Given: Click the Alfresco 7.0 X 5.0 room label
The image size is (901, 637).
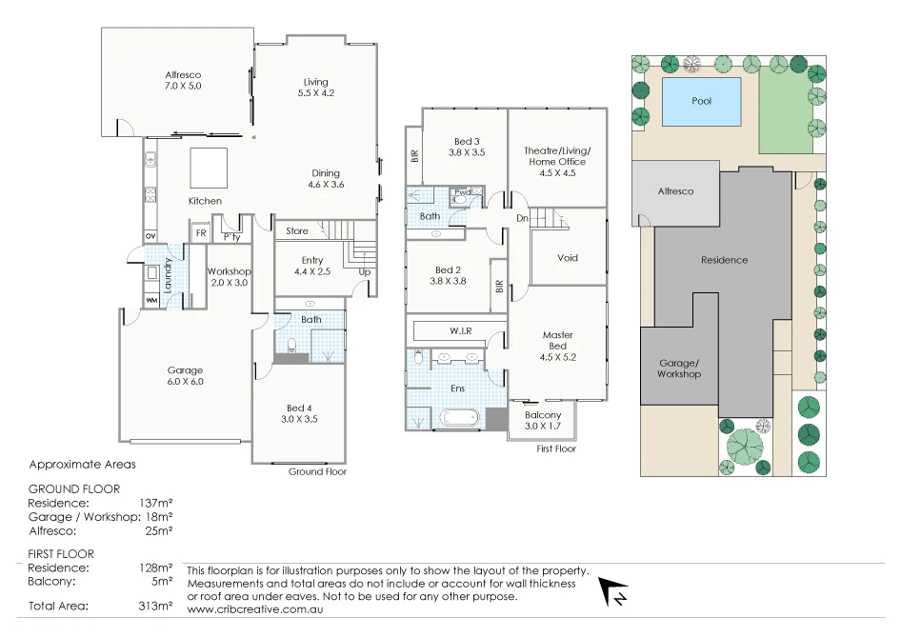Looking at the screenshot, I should click(x=183, y=80).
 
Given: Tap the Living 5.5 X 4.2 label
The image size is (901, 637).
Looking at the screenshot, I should click(x=316, y=87).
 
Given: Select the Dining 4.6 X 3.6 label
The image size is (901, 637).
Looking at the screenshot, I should click(x=325, y=179).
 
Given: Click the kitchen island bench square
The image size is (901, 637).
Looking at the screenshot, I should click(x=209, y=169).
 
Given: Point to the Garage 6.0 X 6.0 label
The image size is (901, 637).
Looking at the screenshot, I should click(x=185, y=376).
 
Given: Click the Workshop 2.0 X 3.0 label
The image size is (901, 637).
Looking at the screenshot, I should click(x=228, y=277).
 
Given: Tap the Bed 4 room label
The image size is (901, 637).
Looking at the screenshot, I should click(x=298, y=413).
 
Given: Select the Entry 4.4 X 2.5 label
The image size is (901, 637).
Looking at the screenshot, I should click(x=311, y=266).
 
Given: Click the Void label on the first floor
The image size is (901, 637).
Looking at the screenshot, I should click(x=567, y=258).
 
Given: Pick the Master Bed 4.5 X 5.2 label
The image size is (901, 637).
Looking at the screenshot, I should click(x=557, y=346).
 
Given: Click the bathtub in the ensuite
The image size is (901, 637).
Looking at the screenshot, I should click(x=461, y=418).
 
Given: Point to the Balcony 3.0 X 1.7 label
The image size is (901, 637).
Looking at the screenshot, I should click(x=543, y=420).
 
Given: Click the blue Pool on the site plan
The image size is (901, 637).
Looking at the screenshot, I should click(x=702, y=101).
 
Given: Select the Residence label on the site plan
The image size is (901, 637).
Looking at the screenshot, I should click(x=724, y=260).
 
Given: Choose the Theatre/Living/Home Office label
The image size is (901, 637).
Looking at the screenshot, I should click(x=557, y=156).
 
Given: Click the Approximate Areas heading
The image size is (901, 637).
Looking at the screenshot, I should click(x=82, y=465).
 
